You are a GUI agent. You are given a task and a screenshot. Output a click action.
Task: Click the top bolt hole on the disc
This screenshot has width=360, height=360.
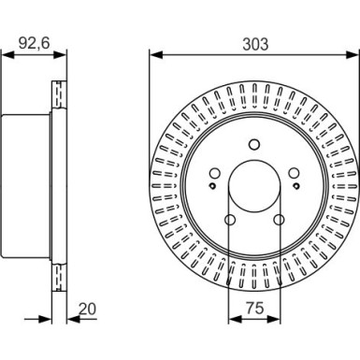pyautogui.click(x=253, y=144)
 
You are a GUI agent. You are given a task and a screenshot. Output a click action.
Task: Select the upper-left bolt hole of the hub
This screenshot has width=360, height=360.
pyautogui.click(x=216, y=173)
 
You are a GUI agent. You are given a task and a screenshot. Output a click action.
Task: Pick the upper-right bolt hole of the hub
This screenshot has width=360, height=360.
pyautogui.click(x=291, y=173)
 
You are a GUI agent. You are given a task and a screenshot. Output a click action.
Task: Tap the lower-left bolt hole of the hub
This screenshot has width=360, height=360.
pyautogui.click(x=231, y=220)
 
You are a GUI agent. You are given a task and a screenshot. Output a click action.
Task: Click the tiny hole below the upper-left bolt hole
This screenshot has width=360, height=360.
pyautogui.click(x=214, y=187)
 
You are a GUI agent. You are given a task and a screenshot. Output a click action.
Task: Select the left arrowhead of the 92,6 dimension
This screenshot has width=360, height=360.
pyautogui.click(x=5, y=54)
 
